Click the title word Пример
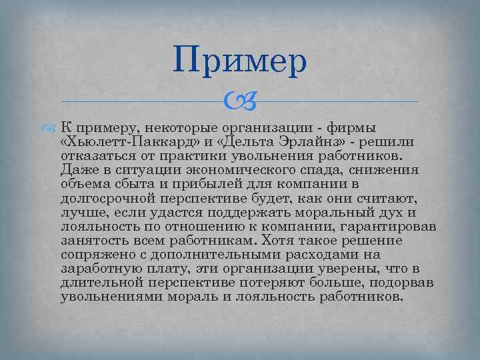click(240, 61)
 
